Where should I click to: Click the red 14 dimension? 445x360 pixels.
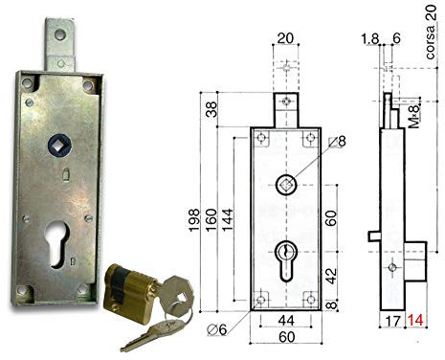pos(417,322)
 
